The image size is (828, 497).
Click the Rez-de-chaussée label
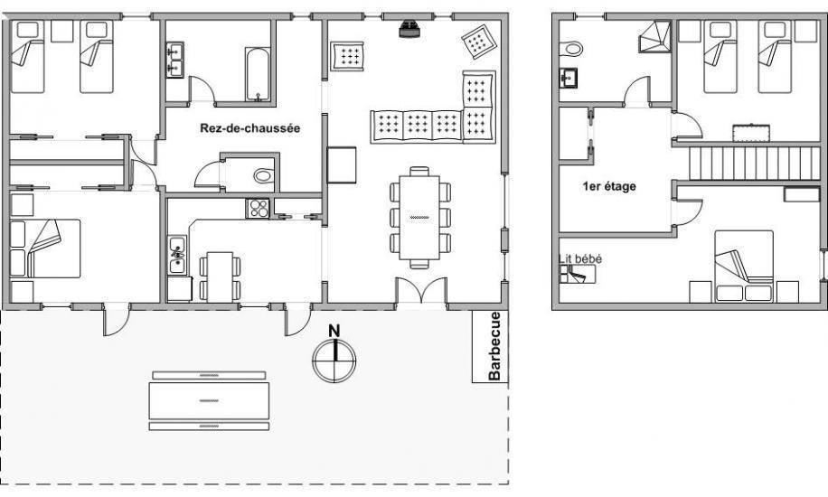coord(249,128)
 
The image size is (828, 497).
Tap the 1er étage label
coord(609,186)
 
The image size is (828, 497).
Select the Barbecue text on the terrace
coord(494,346)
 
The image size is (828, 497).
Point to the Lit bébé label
coord(579,258)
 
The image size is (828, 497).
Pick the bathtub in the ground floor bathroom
coord(259,74)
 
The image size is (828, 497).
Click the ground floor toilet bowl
coord(264,175)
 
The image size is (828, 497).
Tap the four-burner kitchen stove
coord(258,208)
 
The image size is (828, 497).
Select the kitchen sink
coord(177,254)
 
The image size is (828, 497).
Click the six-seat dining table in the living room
coord(419,218)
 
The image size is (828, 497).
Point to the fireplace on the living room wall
coord(409,29)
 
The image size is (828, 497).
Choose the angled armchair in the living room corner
coord(479,42)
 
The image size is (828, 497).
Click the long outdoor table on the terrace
coord(209,401)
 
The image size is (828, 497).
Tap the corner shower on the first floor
coord(655,36)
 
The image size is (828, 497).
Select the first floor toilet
coord(570,49)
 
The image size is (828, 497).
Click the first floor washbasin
coord(569,79)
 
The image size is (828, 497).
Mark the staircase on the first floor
coord(755,164)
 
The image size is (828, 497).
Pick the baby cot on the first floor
coord(578,275)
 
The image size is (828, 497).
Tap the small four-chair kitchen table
coord(220,277)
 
